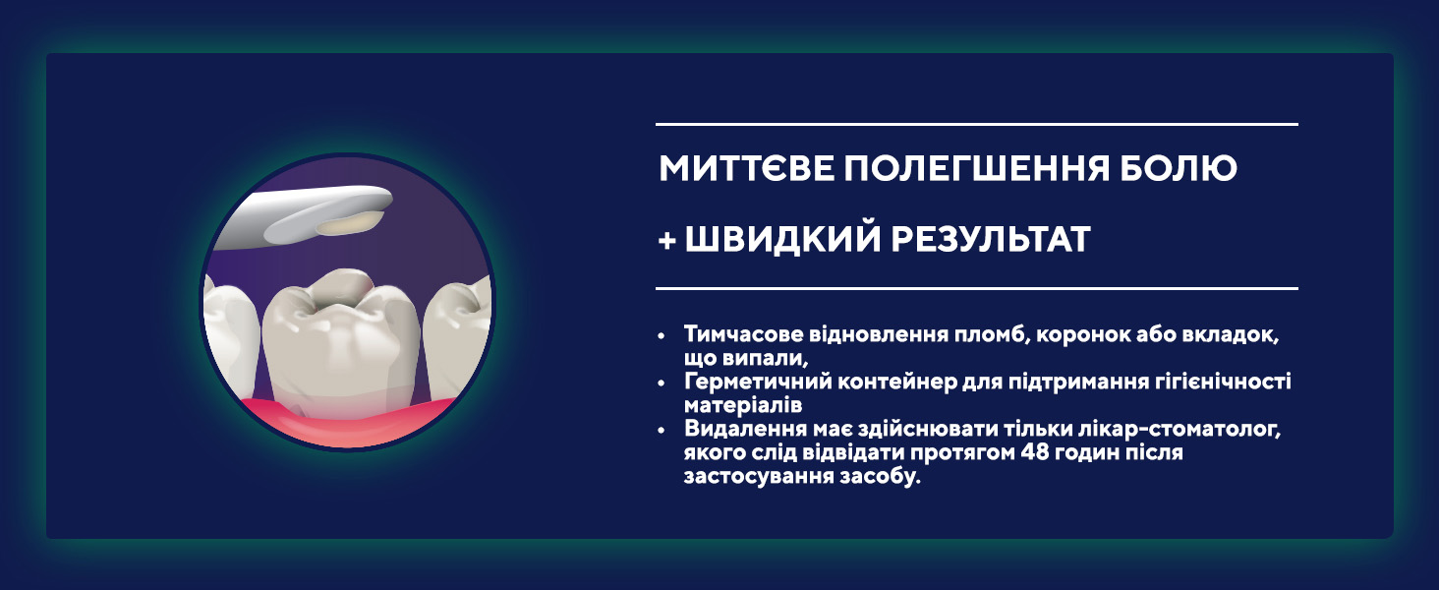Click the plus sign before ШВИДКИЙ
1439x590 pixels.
click(667, 240)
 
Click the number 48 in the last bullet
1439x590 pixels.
click(1034, 452)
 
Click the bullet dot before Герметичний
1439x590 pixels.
click(662, 383)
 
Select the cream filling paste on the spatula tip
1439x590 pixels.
click(348, 223)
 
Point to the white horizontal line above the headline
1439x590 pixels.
click(976, 124)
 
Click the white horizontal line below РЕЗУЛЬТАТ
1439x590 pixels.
click(976, 288)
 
